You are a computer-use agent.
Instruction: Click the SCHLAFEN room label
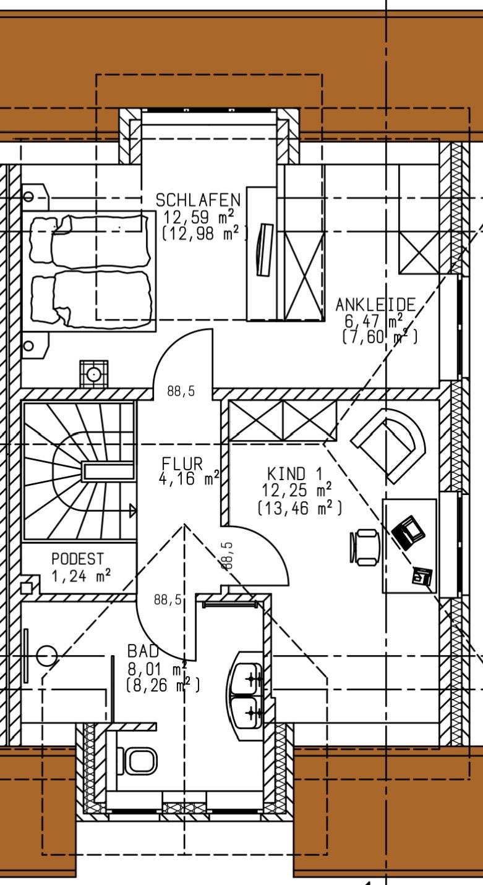tap(197, 200)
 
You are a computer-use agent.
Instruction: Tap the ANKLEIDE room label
tap(375, 305)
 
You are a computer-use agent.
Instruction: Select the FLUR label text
tap(182, 464)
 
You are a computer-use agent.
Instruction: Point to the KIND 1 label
tap(295, 474)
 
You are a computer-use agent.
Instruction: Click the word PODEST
tap(77, 559)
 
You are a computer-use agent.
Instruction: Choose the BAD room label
tap(143, 651)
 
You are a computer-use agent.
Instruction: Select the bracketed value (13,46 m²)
tap(299, 508)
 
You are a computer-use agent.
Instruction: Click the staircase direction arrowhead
tap(132, 510)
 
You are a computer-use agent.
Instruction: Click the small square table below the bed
tap(93, 374)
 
